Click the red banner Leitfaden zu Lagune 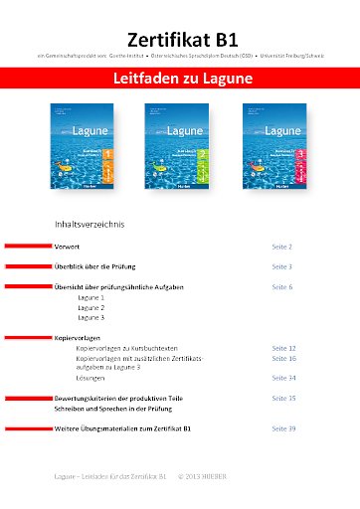click(x=180, y=76)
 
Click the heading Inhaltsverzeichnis click(x=90, y=225)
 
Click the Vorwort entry click(x=68, y=245)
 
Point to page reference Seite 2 click(x=282, y=245)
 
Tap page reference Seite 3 click(x=282, y=266)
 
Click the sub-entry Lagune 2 click(x=90, y=307)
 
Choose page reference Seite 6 click(x=282, y=286)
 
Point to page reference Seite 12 click(x=284, y=349)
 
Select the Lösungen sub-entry click(x=92, y=378)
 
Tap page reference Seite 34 click(x=284, y=378)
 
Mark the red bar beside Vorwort click(x=28, y=245)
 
